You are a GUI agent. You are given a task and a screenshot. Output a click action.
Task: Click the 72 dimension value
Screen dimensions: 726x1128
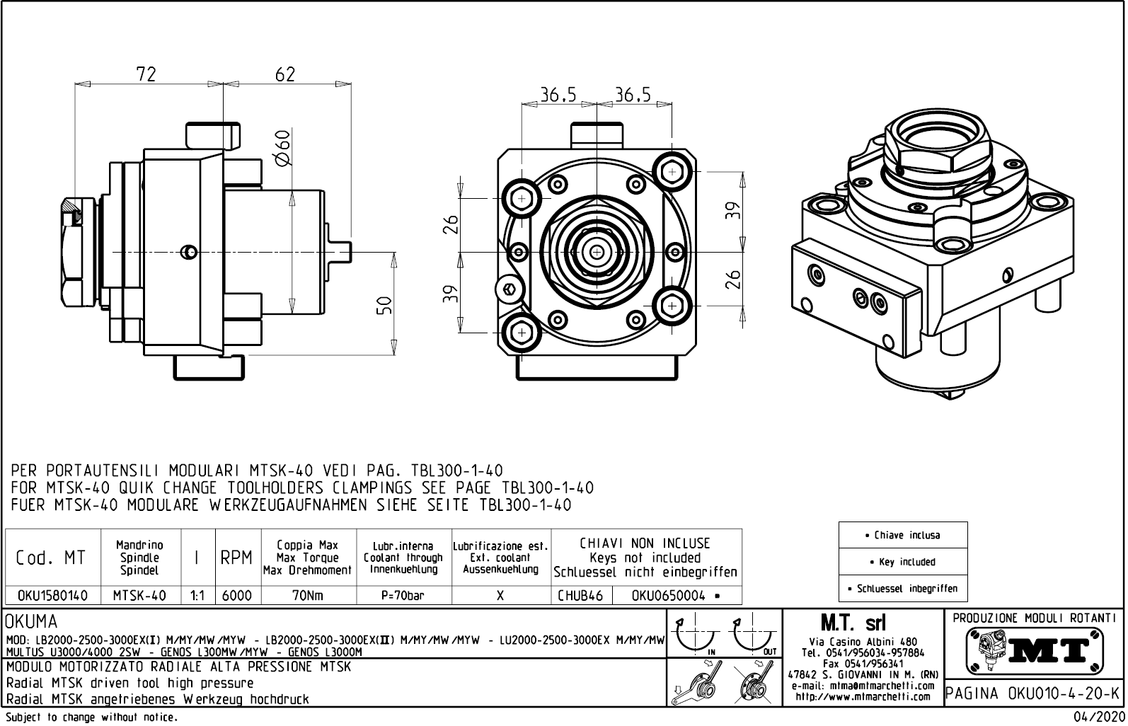(146, 74)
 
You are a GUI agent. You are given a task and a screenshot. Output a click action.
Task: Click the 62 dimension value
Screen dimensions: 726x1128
(284, 74)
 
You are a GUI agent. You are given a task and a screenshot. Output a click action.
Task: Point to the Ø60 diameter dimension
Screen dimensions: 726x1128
(282, 149)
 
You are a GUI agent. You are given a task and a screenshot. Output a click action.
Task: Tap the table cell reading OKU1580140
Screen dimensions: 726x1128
(52, 596)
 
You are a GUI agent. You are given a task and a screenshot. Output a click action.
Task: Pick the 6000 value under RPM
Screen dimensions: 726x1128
(237, 596)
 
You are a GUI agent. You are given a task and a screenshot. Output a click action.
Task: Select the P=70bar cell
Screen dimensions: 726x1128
(403, 596)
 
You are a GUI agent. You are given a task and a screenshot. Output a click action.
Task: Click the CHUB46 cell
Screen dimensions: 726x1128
(580, 596)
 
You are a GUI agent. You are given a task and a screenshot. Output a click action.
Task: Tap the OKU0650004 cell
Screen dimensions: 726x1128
(676, 596)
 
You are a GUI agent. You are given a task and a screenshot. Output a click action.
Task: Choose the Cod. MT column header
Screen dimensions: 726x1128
(51, 558)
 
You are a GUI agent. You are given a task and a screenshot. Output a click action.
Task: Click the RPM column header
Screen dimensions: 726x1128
(236, 558)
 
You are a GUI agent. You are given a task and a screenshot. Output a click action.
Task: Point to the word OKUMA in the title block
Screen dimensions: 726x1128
(32, 622)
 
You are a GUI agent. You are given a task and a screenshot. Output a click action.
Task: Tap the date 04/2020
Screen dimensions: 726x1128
(1098, 718)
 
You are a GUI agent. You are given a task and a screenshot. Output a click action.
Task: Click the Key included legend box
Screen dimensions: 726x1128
(902, 562)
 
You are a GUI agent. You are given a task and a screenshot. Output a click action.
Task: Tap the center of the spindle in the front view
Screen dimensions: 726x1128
(597, 252)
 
